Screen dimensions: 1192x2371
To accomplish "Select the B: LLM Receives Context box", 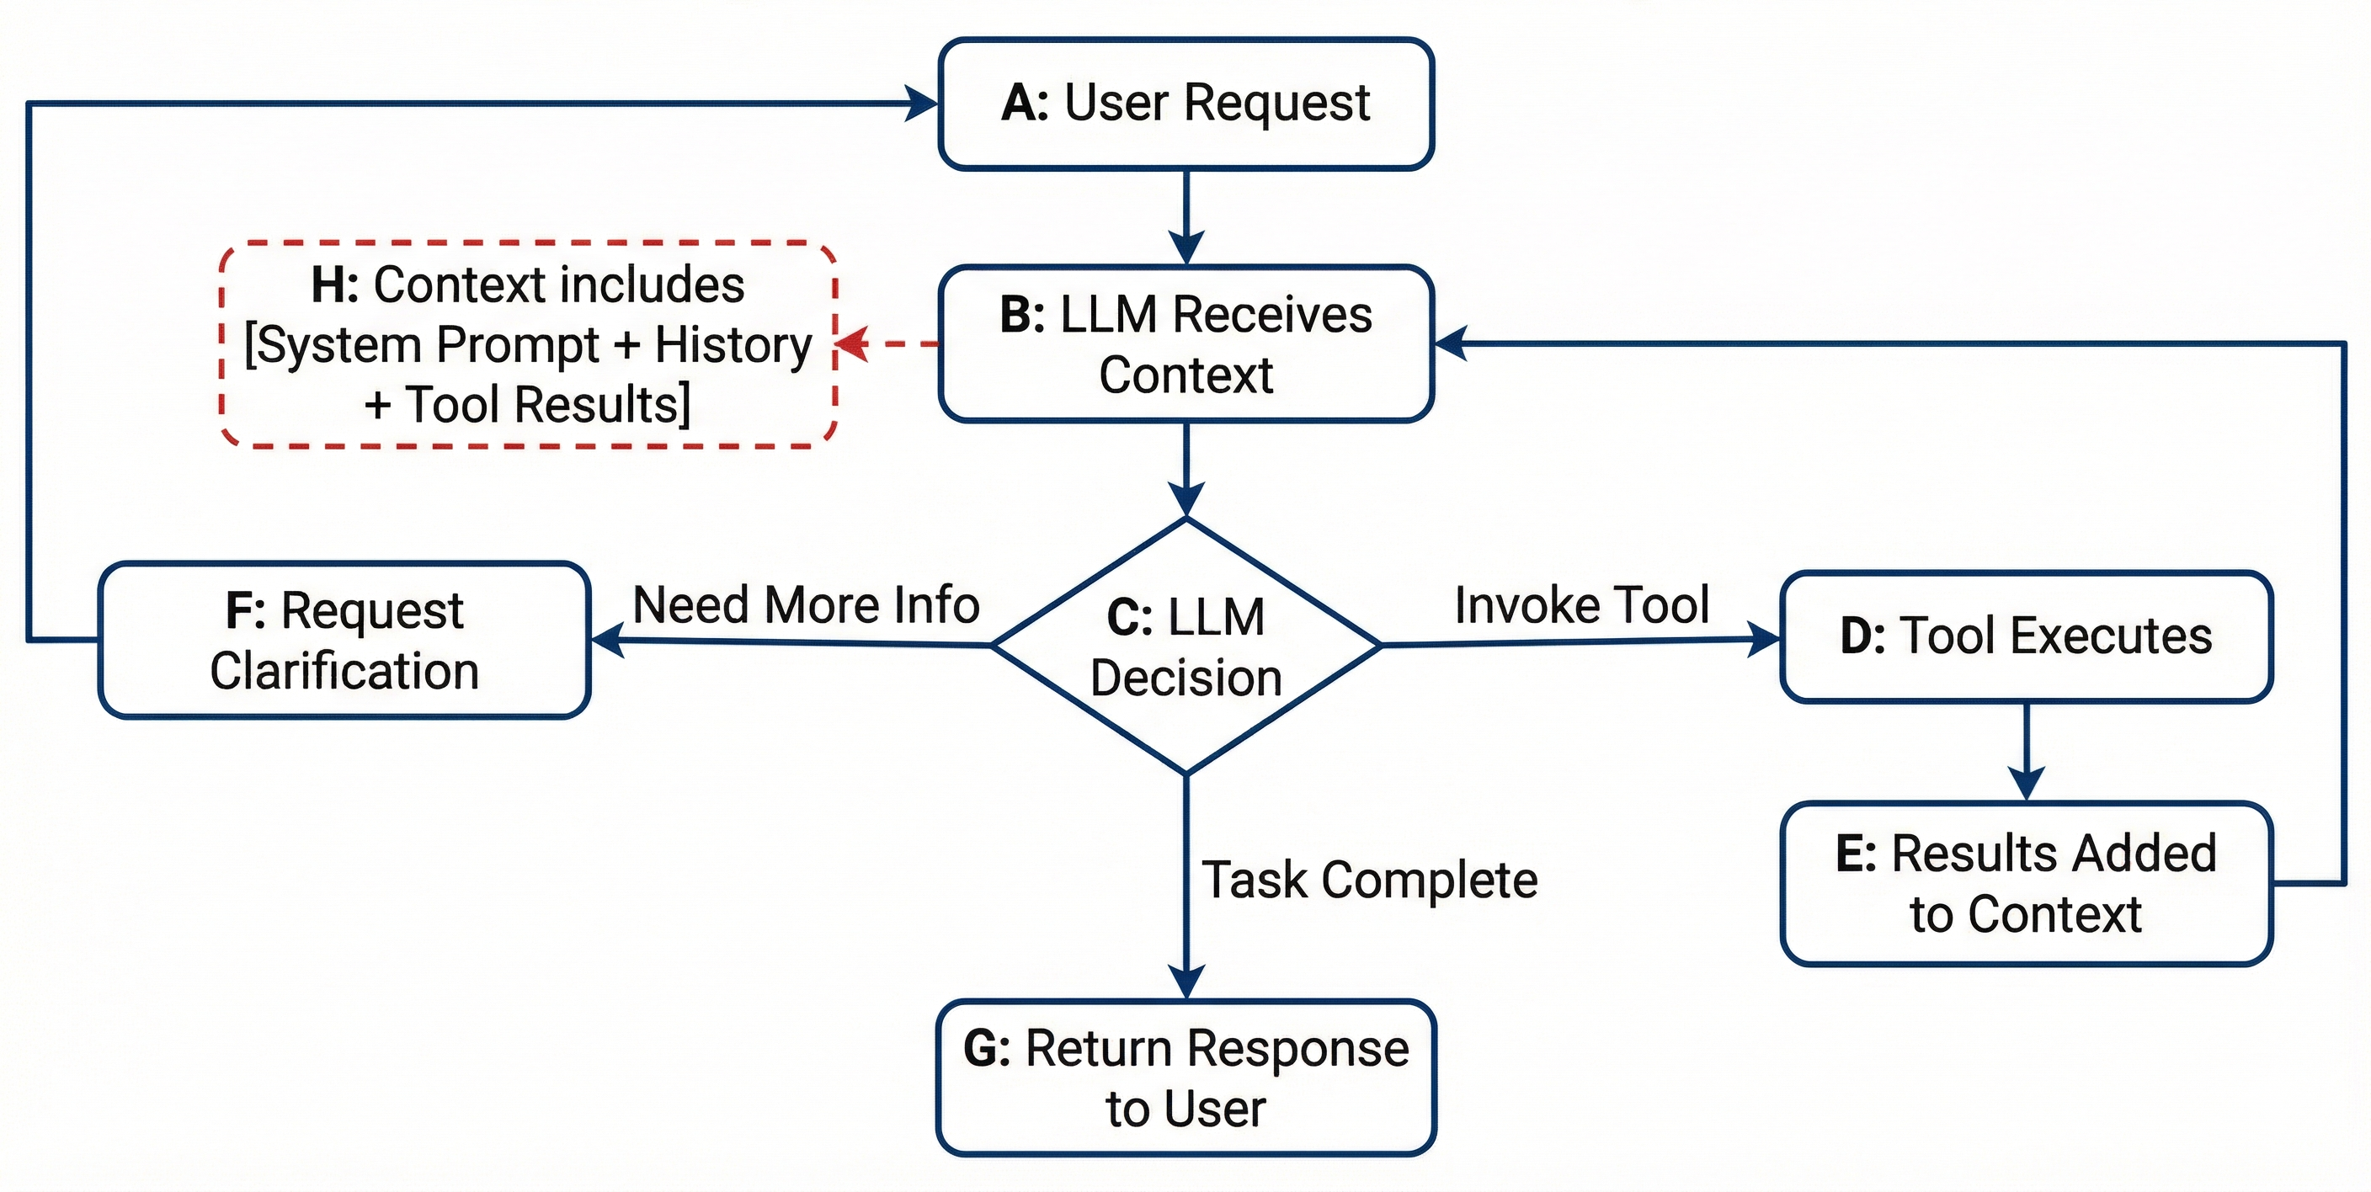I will pyautogui.click(x=1185, y=344).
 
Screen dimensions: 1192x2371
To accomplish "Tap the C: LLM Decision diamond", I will pyautogui.click(x=1185, y=647).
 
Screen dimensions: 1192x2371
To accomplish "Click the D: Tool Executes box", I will pyautogui.click(x=2026, y=637).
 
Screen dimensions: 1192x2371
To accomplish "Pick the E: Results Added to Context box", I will pyautogui.click(x=2026, y=884).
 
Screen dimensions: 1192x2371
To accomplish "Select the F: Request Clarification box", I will pyautogui.click(x=344, y=640).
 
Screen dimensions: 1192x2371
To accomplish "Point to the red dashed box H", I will pyautogui.click(x=528, y=344).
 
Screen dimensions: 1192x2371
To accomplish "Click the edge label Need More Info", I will pyautogui.click(x=807, y=605).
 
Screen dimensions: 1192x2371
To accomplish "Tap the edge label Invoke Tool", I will pyautogui.click(x=1581, y=605).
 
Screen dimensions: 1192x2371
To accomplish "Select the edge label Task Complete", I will pyautogui.click(x=1370, y=880).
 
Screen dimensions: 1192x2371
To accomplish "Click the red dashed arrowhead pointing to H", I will pyautogui.click(x=851, y=343).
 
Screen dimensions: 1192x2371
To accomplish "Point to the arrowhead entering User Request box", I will pyautogui.click(x=920, y=103).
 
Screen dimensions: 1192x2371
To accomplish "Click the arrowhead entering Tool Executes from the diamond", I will pyautogui.click(x=1762, y=639).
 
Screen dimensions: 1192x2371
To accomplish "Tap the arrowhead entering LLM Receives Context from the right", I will pyautogui.click(x=1452, y=343).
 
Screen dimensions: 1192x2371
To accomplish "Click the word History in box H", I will pyautogui.click(x=733, y=344).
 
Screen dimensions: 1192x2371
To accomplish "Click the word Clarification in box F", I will pyautogui.click(x=344, y=670).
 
